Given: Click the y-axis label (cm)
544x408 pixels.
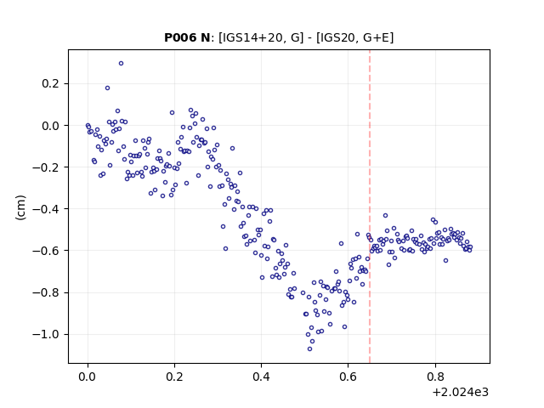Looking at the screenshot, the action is click(20, 207).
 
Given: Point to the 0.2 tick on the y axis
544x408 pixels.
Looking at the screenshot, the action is click(51, 83).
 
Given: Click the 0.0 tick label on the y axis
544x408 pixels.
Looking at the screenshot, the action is click(51, 126).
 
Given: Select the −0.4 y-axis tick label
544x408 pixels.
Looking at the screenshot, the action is click(46, 209).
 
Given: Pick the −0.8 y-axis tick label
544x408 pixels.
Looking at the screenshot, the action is click(46, 292).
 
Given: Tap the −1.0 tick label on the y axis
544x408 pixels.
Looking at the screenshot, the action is click(46, 334).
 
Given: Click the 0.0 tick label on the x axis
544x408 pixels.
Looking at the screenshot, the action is click(88, 377).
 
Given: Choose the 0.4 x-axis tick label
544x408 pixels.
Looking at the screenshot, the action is click(261, 377).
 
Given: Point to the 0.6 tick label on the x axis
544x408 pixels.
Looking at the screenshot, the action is click(348, 377).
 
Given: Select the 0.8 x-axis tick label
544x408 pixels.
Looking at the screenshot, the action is click(434, 377).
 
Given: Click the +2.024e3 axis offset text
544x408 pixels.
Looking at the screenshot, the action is click(461, 392).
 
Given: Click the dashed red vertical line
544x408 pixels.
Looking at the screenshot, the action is click(370, 207).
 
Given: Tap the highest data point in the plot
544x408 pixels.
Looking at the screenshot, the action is click(121, 64).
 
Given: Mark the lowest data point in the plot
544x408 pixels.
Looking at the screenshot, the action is click(309, 348).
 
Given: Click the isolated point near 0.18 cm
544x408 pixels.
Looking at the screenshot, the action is click(108, 88).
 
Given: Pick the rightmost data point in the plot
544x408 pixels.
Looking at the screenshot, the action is click(470, 247).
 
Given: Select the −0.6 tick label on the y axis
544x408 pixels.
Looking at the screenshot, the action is click(46, 251).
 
